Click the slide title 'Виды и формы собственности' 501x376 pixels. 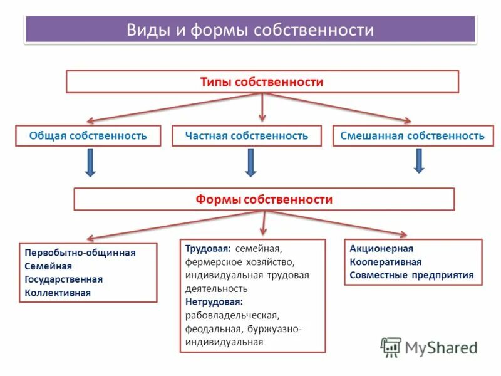click(250, 30)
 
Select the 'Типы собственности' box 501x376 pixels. click(262, 82)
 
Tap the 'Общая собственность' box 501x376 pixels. click(88, 135)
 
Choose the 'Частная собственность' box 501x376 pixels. click(246, 135)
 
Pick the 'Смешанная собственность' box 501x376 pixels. click(412, 135)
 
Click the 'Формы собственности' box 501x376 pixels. click(264, 199)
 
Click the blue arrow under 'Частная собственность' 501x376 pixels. click(250, 162)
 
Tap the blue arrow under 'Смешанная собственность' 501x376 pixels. click(419, 160)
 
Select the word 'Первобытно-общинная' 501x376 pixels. click(80, 253)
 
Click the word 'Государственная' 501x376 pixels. click(63, 279)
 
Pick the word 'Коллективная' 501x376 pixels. click(58, 292)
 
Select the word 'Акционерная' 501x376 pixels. click(381, 249)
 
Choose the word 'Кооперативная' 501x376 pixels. click(385, 262)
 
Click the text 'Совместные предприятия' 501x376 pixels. click(411, 275)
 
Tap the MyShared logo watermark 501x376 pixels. click(428, 347)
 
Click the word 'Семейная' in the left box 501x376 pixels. click(48, 266)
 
